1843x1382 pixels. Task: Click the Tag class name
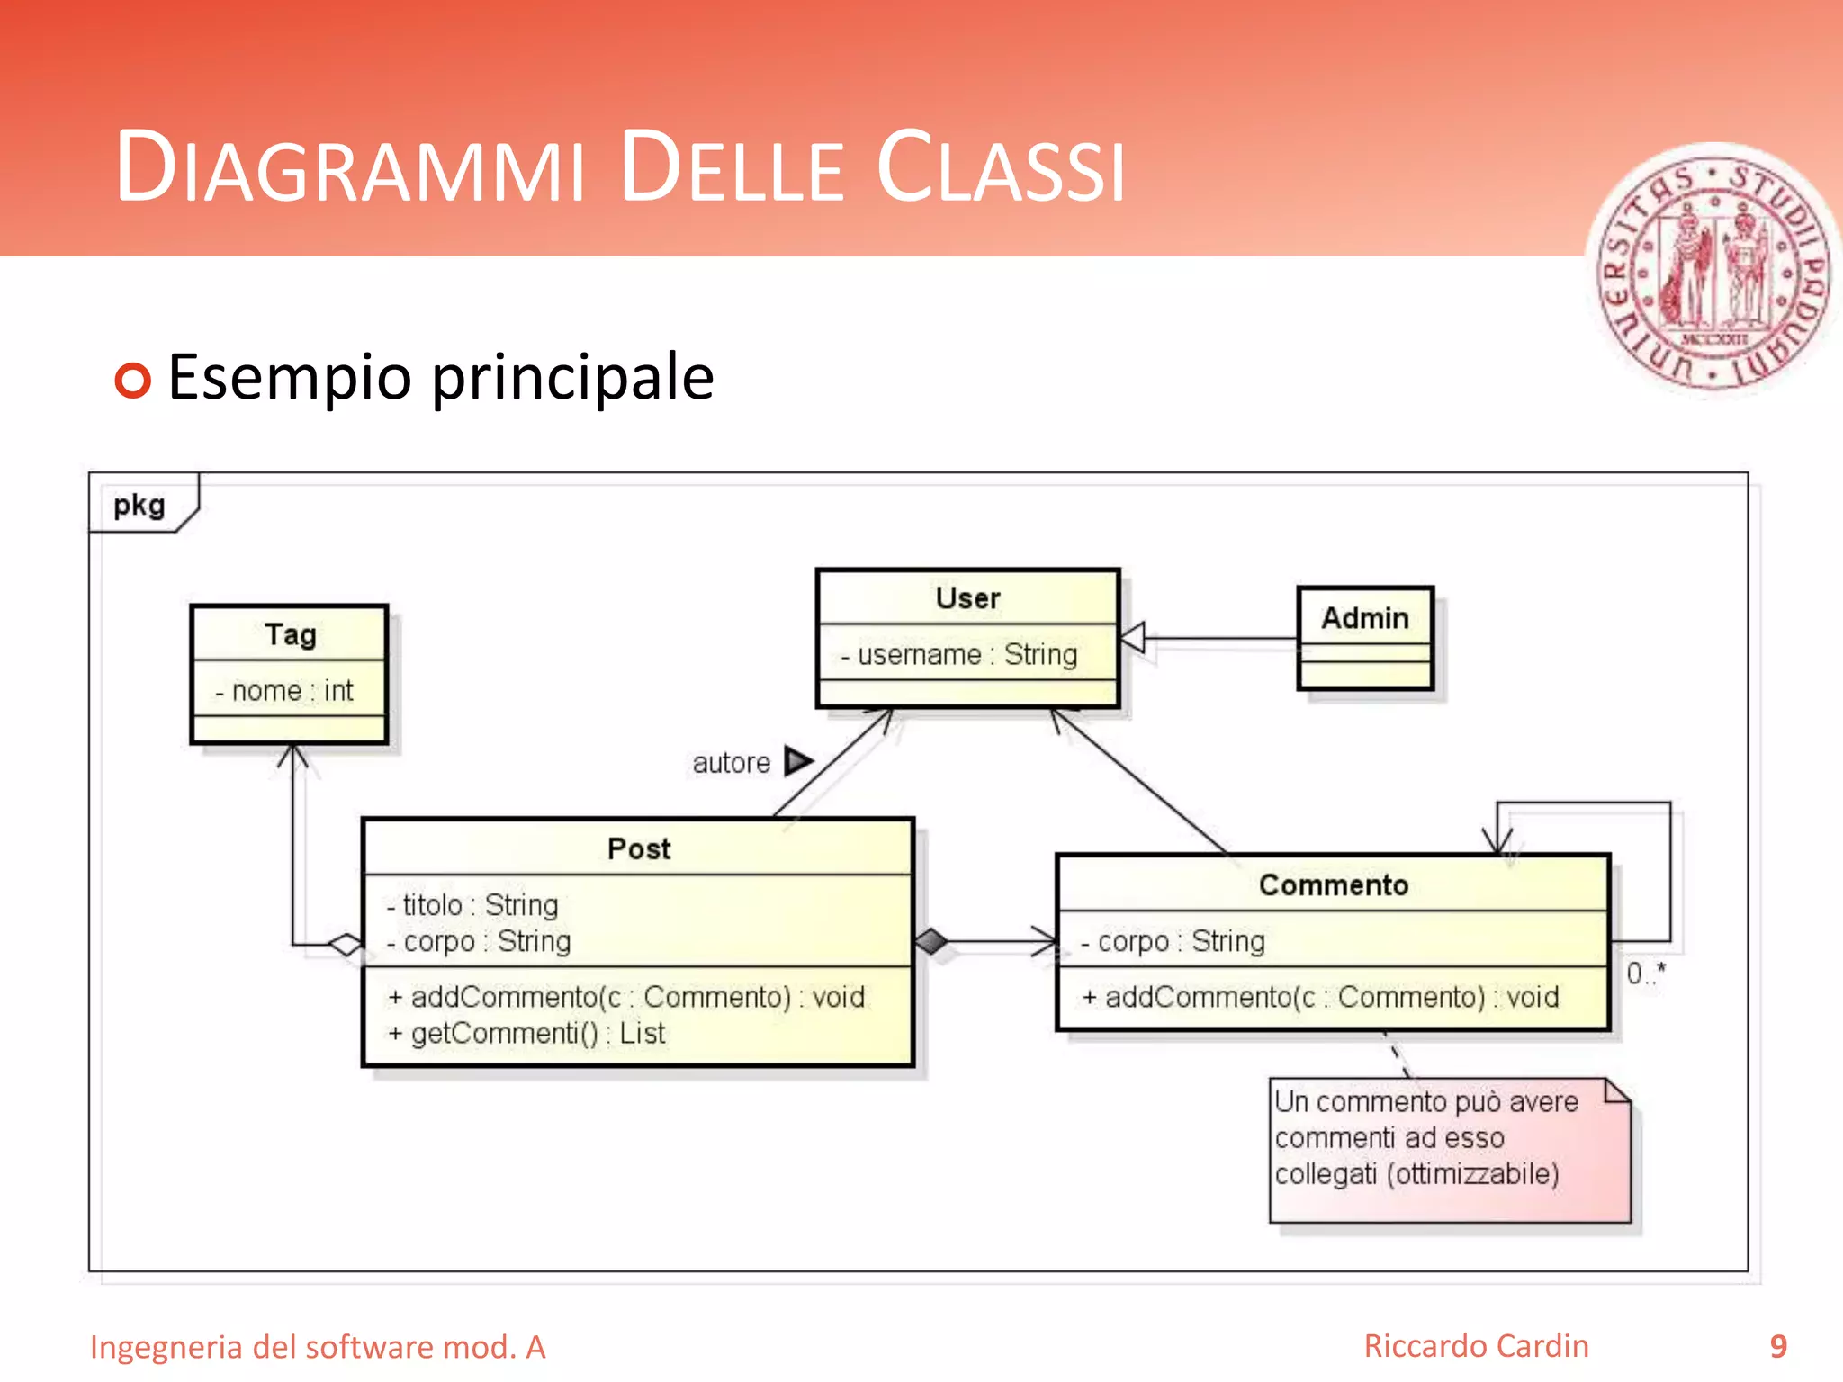(x=290, y=634)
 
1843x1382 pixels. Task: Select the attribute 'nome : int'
(x=285, y=690)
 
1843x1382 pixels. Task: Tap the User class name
(x=967, y=598)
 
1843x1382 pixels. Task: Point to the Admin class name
(x=1364, y=618)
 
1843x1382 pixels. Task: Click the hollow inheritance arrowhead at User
(x=1133, y=638)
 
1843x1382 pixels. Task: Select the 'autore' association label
(x=731, y=763)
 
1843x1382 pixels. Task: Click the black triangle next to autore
(x=796, y=761)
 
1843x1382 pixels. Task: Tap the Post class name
(x=639, y=848)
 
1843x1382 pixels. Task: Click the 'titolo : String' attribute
(x=473, y=904)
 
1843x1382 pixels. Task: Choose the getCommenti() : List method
(x=527, y=1033)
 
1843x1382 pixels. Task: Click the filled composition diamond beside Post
(x=931, y=941)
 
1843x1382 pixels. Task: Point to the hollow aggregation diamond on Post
(x=346, y=945)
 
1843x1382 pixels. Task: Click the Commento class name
(x=1333, y=884)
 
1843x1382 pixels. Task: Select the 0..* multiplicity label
(x=1645, y=973)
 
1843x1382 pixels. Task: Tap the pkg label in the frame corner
(x=139, y=505)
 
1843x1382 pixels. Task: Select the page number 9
(x=1777, y=1346)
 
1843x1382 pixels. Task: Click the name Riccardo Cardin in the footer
(x=1476, y=1346)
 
